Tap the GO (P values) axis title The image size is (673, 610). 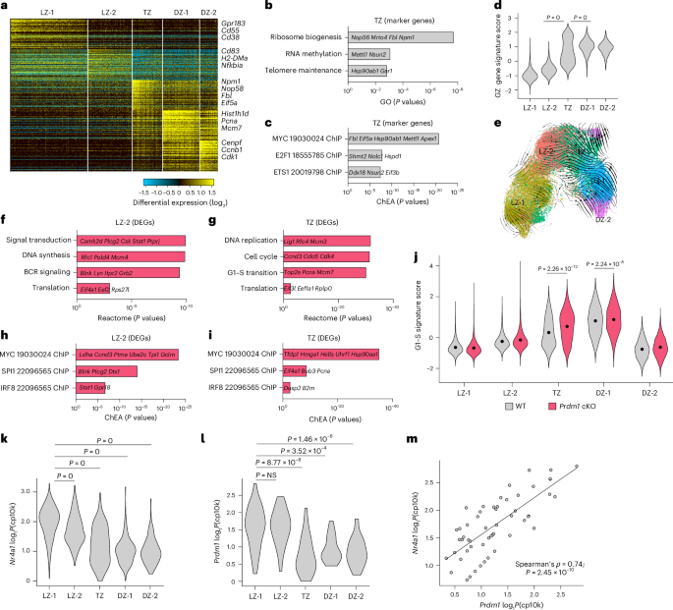(x=393, y=100)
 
